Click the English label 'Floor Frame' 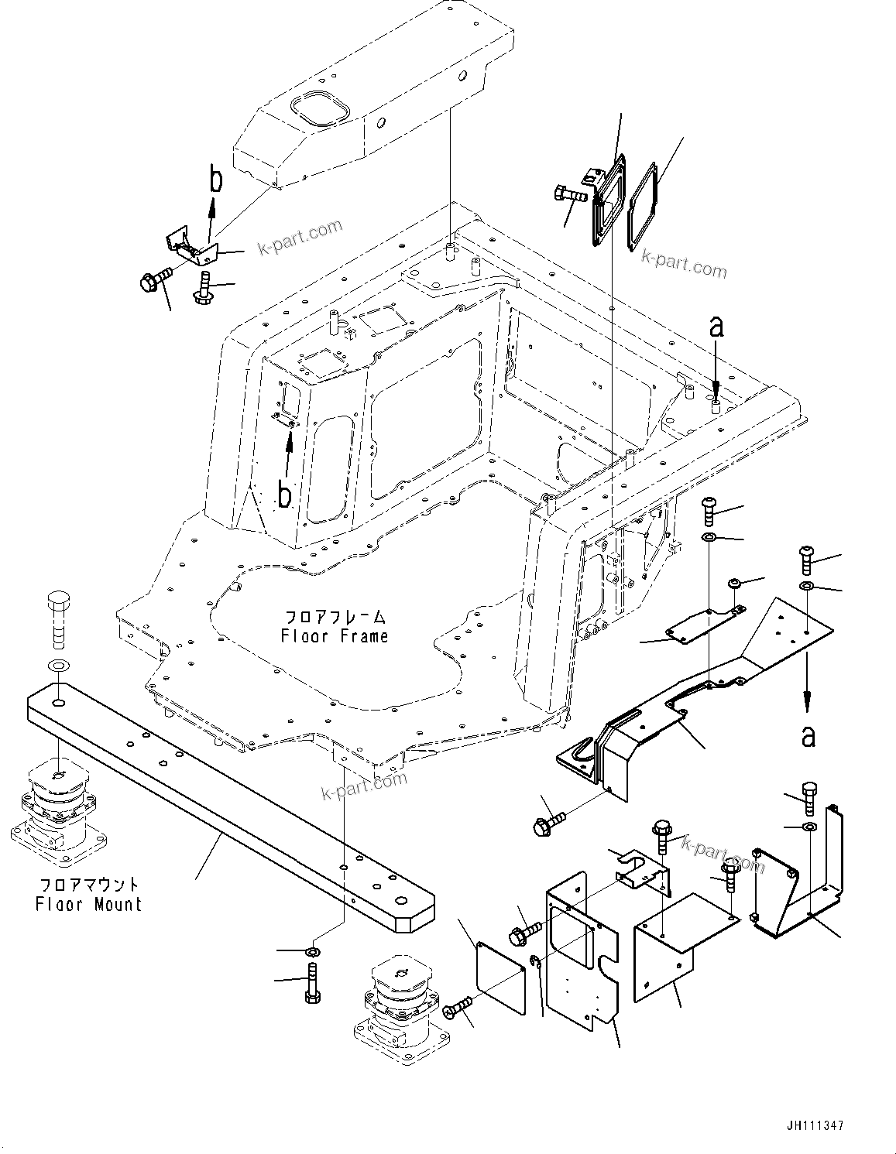click(x=335, y=636)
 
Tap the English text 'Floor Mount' click(x=89, y=904)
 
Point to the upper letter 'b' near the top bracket click(x=216, y=180)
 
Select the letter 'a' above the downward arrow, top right click(x=716, y=327)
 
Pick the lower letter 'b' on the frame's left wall click(x=285, y=495)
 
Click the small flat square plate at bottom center click(x=499, y=978)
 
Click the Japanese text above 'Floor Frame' click(x=335, y=617)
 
